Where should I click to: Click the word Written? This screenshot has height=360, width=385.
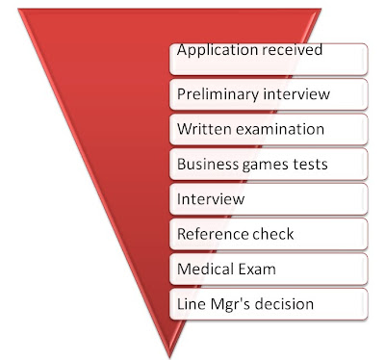click(x=202, y=129)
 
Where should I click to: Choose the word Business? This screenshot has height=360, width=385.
click(x=205, y=164)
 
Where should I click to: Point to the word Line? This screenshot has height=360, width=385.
click(x=191, y=304)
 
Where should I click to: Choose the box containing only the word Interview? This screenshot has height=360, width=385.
click(x=270, y=199)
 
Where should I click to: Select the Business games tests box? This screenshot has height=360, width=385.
click(x=270, y=164)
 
